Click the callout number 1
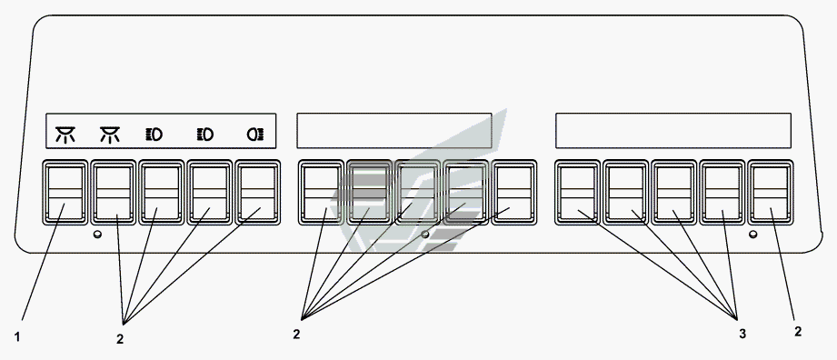tap(17, 337)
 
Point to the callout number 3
tap(742, 335)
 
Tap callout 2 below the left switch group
tap(120, 338)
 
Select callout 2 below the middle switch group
tap(296, 335)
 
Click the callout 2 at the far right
tap(798, 331)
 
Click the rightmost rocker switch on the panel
tap(771, 193)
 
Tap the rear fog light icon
tap(255, 135)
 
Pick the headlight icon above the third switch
tap(154, 135)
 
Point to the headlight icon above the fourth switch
tap(205, 135)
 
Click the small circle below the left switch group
tap(97, 234)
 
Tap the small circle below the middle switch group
tap(425, 234)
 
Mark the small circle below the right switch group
tap(753, 234)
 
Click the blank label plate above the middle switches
tap(394, 130)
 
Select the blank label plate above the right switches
tap(673, 130)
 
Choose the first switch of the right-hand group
tap(578, 193)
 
